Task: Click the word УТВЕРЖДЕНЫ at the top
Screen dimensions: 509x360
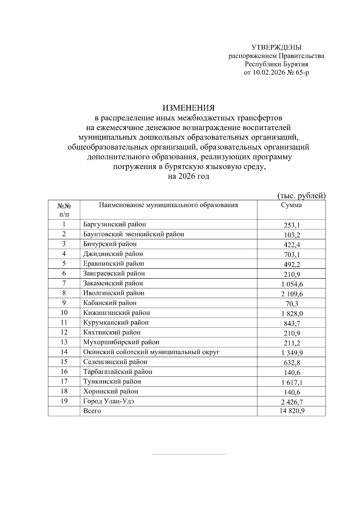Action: click(276, 47)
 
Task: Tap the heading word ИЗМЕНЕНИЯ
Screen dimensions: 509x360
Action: click(189, 107)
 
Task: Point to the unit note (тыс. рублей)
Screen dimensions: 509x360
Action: click(301, 196)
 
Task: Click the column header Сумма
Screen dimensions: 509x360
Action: click(291, 205)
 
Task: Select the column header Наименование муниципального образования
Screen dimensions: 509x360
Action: click(168, 205)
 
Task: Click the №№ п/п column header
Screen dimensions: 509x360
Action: click(64, 210)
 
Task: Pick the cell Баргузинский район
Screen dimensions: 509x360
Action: click(115, 224)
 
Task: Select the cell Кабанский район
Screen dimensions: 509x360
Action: click(110, 303)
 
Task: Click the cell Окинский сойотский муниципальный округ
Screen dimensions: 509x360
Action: click(151, 352)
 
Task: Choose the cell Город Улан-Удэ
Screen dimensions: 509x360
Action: click(109, 401)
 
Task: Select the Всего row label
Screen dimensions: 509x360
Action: click(92, 411)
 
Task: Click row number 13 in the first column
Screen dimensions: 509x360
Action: click(64, 342)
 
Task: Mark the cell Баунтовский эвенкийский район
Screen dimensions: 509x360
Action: click(133, 234)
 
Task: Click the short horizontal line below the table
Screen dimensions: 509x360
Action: click(188, 454)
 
